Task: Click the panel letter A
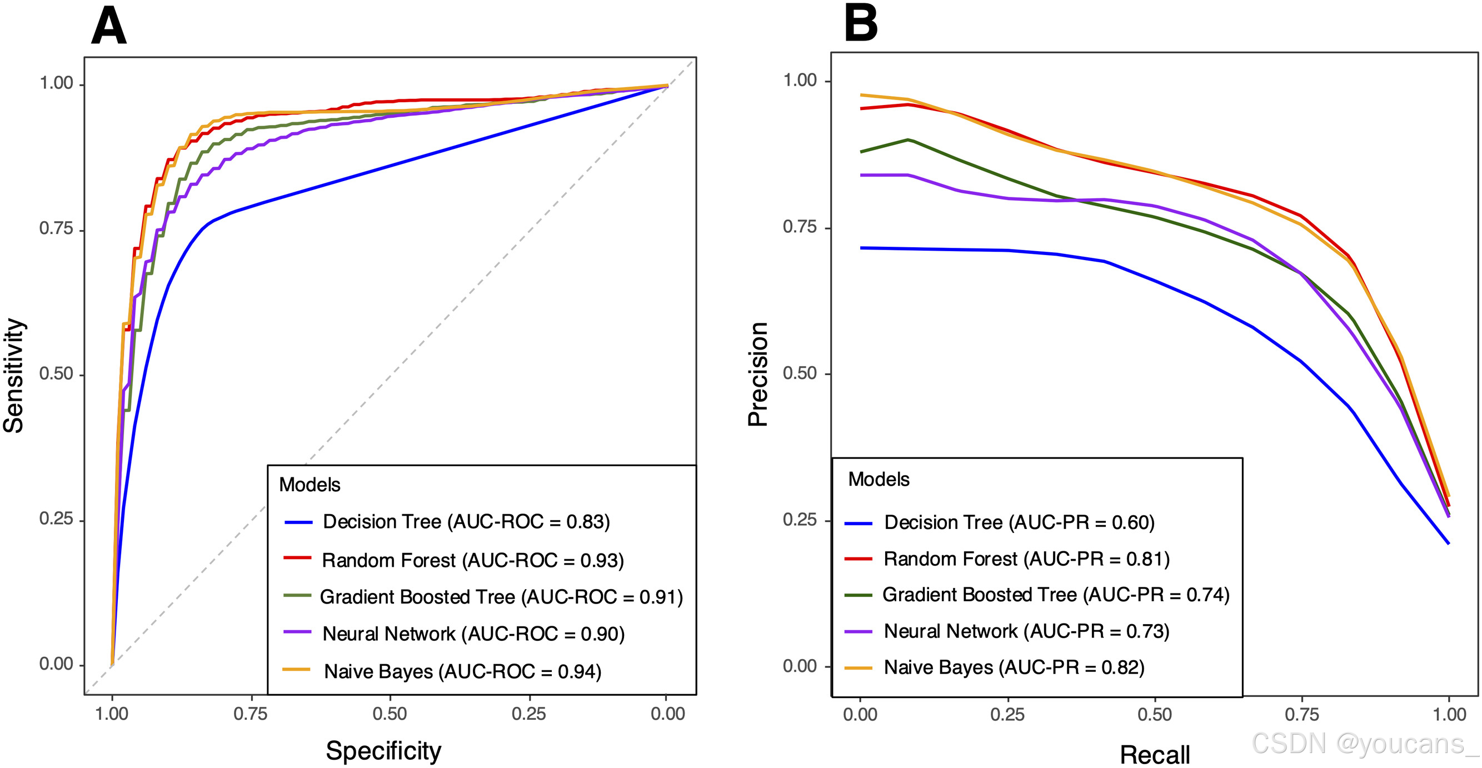tap(108, 27)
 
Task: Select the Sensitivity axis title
tap(14, 375)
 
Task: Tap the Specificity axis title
tap(383, 750)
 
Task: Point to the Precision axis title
tap(758, 374)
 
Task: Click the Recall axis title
tap(1154, 754)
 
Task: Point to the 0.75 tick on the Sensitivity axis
tap(56, 229)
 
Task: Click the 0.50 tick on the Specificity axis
tap(390, 714)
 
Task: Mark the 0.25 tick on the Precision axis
tap(800, 520)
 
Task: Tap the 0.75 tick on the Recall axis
tap(1301, 715)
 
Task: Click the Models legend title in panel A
tap(310, 485)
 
